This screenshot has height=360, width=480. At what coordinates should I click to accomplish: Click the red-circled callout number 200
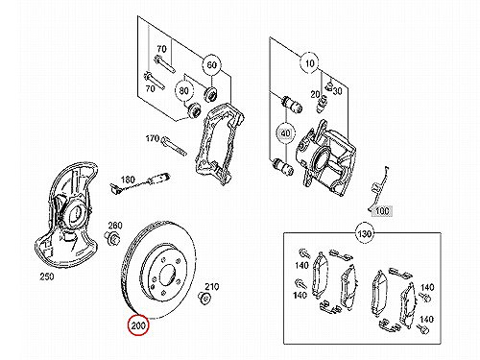pos(138,325)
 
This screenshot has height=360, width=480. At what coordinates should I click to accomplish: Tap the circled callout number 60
pos(211,65)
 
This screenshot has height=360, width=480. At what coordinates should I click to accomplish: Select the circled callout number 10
pos(309,63)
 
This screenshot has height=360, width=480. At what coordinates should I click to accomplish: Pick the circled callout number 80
pos(183,91)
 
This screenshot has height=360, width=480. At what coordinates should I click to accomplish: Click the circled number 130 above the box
pos(365,233)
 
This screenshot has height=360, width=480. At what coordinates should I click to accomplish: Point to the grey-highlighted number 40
pos(286,132)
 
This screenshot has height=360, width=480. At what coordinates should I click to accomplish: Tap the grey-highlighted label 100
pos(382,211)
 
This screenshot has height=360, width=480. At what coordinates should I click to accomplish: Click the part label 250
pos(47,276)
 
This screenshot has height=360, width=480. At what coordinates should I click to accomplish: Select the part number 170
pos(153,138)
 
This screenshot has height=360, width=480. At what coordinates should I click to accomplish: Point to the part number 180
pos(128,180)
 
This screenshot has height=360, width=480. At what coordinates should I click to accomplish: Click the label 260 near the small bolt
pos(115,226)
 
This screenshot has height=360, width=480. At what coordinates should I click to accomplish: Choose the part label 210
pos(211,287)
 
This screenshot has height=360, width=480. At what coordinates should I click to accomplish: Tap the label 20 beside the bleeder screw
pos(315,94)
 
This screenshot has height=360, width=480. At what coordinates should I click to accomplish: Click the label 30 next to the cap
pos(337,91)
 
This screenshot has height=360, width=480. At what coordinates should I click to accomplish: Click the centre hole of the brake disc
pos(167,275)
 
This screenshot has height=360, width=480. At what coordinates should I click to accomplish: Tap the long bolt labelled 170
pos(174,146)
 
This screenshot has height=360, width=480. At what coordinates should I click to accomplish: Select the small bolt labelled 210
pos(204,298)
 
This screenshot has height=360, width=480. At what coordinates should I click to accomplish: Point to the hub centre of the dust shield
pos(76,213)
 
